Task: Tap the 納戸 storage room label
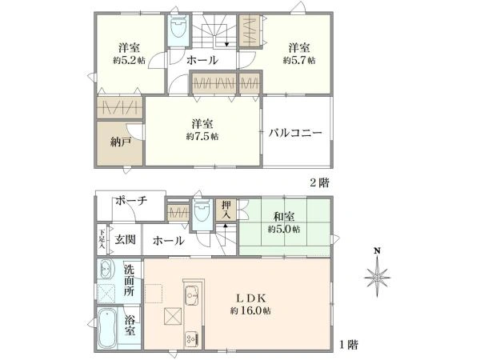[121, 142]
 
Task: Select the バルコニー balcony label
[295, 133]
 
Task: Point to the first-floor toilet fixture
[202, 210]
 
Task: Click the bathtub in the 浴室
[107, 327]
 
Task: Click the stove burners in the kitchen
[192, 339]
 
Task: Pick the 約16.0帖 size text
[250, 311]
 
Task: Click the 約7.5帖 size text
[202, 137]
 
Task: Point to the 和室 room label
[284, 217]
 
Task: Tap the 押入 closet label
[226, 210]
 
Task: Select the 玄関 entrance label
[126, 239]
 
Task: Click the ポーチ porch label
[131, 201]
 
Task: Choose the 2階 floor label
[320, 182]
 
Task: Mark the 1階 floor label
[348, 345]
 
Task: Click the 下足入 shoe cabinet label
[102, 238]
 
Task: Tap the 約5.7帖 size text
[299, 60]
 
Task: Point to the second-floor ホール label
[202, 60]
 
